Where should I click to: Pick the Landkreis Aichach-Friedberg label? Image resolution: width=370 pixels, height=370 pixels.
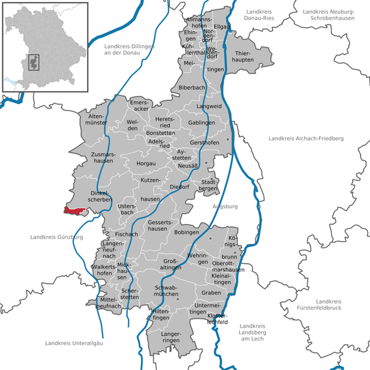click(306, 138)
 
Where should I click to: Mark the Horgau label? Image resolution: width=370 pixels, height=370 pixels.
click(146, 163)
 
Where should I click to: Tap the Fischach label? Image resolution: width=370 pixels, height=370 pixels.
click(127, 234)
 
